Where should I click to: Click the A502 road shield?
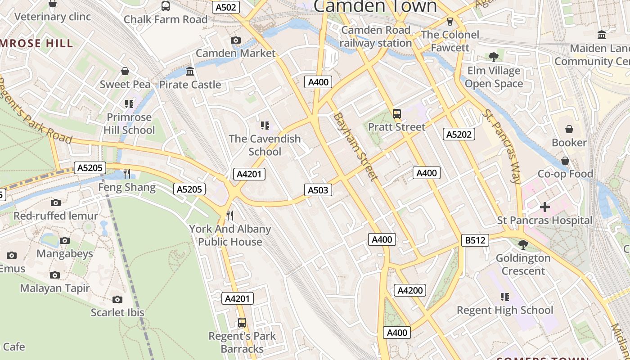226,7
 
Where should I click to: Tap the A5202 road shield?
459,134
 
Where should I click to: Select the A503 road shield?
318,190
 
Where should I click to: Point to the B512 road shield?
475,240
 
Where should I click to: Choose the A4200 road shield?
410,290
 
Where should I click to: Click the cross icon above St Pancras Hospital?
545,207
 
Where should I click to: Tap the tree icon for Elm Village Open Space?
494,57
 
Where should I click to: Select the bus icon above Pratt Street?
397,113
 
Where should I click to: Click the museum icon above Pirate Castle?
190,72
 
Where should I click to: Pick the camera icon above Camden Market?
235,40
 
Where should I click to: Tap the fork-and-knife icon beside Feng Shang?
127,173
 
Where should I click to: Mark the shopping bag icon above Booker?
569,129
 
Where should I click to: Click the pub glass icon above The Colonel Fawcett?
449,21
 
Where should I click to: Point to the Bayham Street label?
355,147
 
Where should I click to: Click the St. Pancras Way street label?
501,146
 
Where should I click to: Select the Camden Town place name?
375,6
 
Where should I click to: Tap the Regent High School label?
505,310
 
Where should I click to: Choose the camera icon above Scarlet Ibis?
117,299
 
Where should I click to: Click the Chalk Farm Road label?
166,19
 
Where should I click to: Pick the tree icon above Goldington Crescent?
523,244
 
